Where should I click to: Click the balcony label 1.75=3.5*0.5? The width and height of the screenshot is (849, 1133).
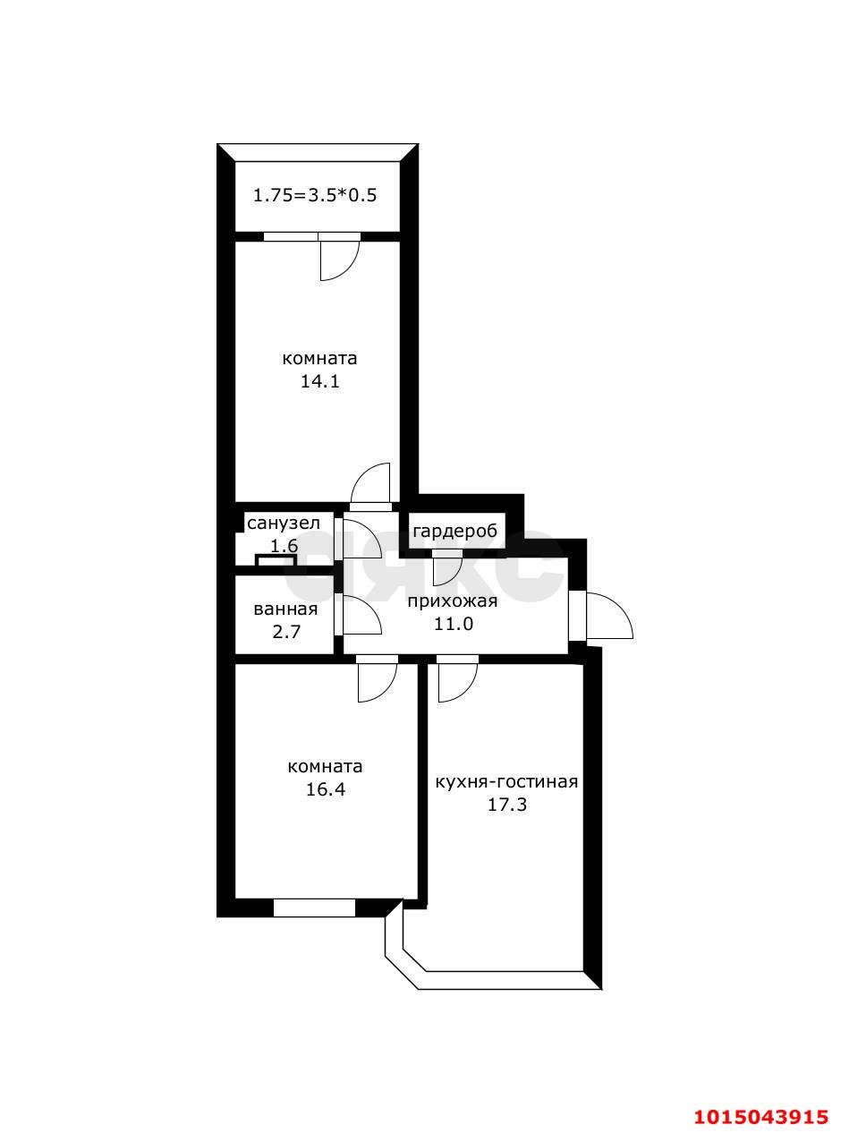pyautogui.click(x=315, y=196)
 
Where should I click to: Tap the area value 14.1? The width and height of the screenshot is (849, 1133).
pyautogui.click(x=319, y=381)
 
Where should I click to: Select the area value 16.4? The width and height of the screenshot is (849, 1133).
pyautogui.click(x=326, y=789)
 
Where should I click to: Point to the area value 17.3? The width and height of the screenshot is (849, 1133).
pyautogui.click(x=507, y=805)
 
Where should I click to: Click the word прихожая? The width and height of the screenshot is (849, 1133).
pyautogui.click(x=453, y=601)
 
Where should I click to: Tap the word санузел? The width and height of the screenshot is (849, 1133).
pyautogui.click(x=284, y=523)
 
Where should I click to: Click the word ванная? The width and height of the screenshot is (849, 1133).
pyautogui.click(x=285, y=609)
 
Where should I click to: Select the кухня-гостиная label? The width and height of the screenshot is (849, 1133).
pyautogui.click(x=506, y=782)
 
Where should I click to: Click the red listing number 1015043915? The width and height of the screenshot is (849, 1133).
pyautogui.click(x=760, y=1098)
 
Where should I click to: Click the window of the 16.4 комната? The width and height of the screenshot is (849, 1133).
pyautogui.click(x=314, y=909)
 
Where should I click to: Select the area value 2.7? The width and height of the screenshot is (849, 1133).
pyautogui.click(x=286, y=631)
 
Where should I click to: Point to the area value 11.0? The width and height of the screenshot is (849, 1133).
pyautogui.click(x=454, y=624)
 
